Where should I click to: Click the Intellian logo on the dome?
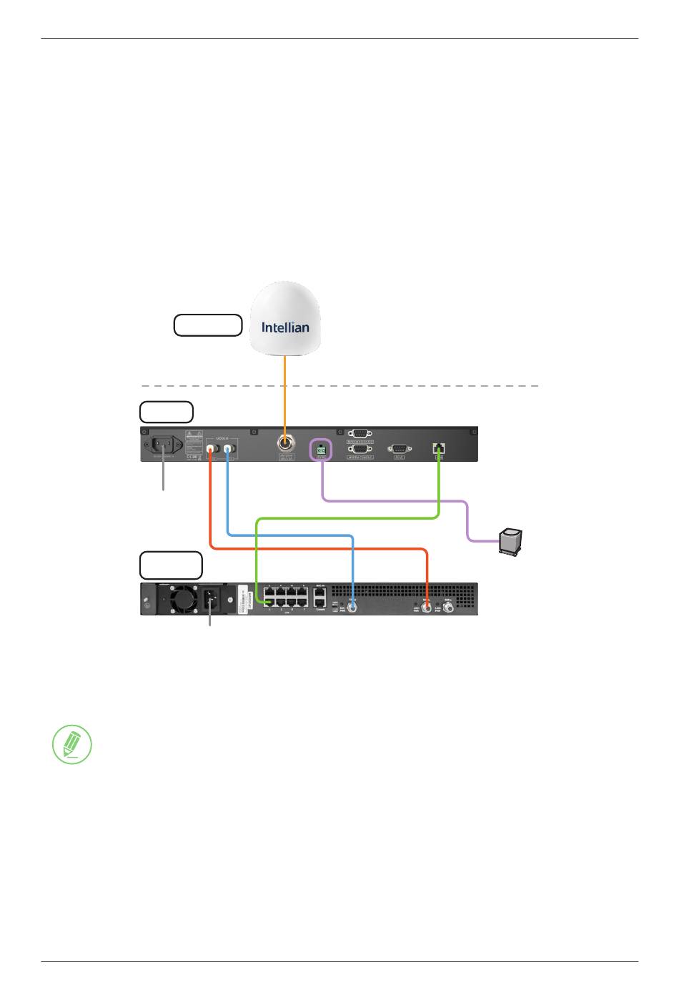[x=285, y=327]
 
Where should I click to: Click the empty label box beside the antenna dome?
[x=208, y=325]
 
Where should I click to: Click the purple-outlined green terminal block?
[x=321, y=450]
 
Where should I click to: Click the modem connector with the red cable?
[x=211, y=450]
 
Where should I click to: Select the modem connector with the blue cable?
[x=228, y=450]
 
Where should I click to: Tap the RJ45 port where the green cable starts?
[x=439, y=449]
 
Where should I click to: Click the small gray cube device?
[x=510, y=540]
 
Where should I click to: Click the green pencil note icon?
[x=72, y=744]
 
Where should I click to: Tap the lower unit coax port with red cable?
[x=427, y=608]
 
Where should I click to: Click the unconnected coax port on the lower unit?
[x=449, y=608]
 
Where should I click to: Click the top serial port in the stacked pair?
[x=360, y=433]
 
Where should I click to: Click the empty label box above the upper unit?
[x=167, y=412]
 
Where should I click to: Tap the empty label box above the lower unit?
[x=171, y=565]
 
